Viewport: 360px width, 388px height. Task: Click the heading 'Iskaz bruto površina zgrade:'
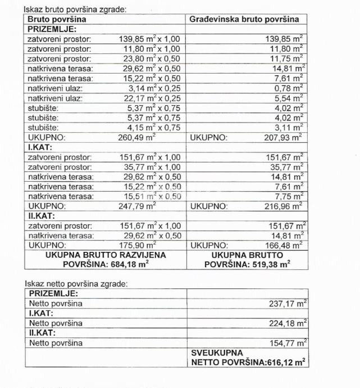coord(75,10)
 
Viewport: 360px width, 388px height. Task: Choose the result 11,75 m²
coord(284,59)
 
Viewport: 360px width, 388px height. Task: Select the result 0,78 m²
coord(286,88)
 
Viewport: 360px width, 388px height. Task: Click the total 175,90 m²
coord(138,246)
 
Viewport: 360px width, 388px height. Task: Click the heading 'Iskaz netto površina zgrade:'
coord(76,284)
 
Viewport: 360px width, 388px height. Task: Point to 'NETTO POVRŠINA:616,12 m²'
coord(249,363)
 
